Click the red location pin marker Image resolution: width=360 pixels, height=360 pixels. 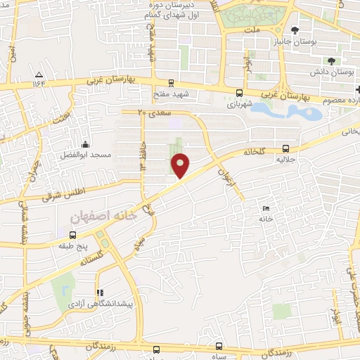pyautogui.click(x=181, y=165)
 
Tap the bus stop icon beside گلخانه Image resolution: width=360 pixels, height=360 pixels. pyautogui.click(x=285, y=148)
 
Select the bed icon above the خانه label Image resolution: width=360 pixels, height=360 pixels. pyautogui.click(x=265, y=209)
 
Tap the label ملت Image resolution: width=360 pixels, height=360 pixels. pyautogui.click(x=252, y=30)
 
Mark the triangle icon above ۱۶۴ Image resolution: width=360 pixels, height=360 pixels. pyautogui.click(x=39, y=74)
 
